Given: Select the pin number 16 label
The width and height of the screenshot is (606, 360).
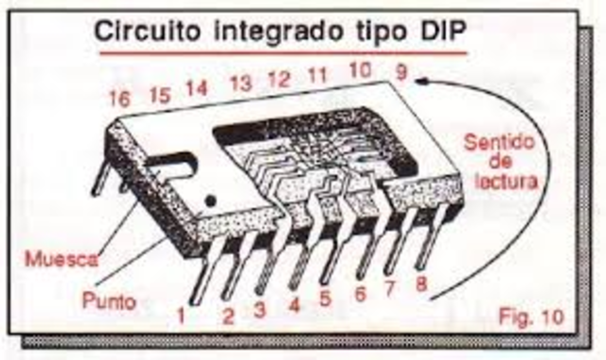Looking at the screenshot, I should coord(120,99).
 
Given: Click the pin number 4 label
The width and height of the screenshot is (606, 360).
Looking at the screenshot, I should coord(294,305).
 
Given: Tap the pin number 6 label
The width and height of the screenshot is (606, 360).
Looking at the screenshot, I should coord(361,295).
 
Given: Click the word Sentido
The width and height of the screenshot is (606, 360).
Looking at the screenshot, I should coord(500,143).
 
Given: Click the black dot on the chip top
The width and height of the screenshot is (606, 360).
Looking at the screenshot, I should coord(210,200).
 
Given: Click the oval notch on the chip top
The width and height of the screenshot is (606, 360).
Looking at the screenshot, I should coord(174,162).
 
